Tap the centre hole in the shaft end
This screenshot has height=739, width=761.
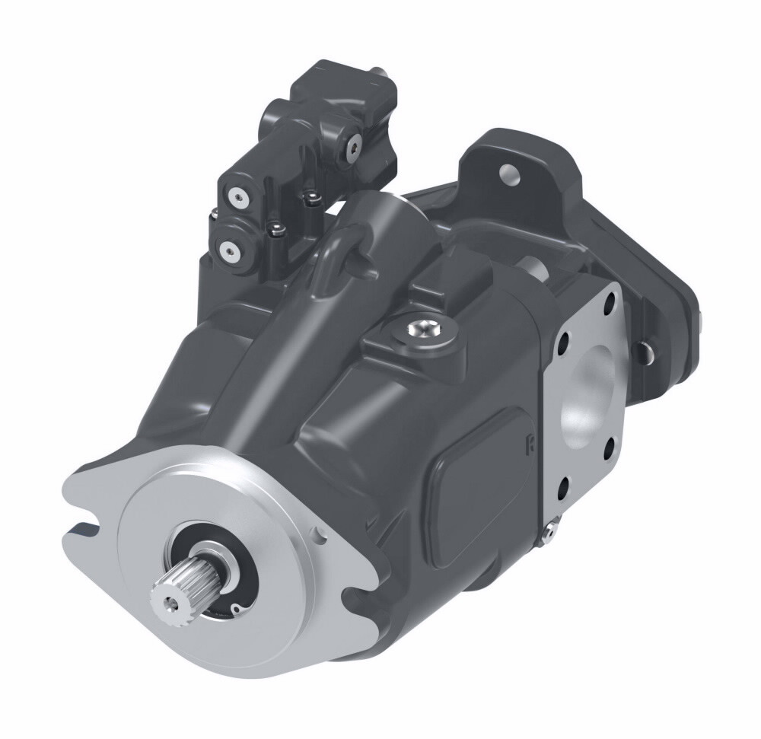click(169, 600)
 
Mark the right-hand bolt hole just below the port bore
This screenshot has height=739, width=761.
click(609, 447)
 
